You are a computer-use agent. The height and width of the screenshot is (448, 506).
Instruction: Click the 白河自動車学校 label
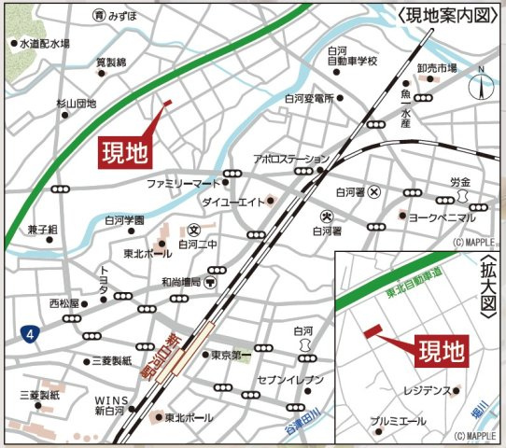[351, 55]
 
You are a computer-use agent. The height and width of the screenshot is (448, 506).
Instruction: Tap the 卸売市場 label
[437, 68]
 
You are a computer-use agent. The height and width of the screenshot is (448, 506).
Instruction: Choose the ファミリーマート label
[182, 182]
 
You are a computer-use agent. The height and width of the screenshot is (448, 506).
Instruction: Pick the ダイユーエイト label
[231, 201]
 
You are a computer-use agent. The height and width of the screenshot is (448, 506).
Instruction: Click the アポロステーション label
[291, 159]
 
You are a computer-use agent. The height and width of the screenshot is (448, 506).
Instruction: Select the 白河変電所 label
[310, 98]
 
